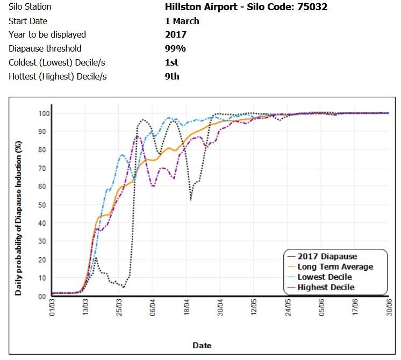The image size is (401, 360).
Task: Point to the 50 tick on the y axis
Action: tap(41, 205)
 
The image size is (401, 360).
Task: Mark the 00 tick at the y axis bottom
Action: tap(41, 296)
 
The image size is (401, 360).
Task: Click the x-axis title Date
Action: tap(202, 345)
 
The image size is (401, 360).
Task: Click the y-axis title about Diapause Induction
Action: tap(18, 218)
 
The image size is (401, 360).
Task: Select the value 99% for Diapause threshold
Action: tap(175, 48)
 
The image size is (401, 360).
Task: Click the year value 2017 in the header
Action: tap(176, 34)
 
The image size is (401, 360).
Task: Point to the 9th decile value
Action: tap(172, 76)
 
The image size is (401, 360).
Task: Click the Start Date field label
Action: tap(28, 21)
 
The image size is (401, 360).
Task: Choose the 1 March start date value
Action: tap(182, 21)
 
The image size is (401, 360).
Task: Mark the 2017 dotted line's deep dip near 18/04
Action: tap(191, 200)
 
